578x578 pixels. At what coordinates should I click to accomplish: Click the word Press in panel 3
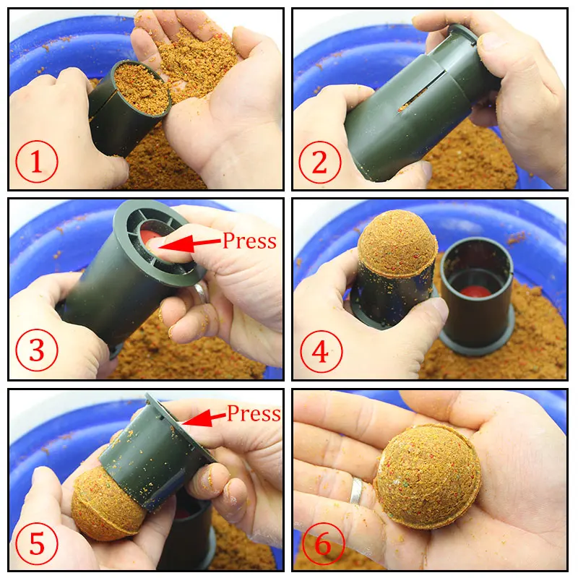pos(249,241)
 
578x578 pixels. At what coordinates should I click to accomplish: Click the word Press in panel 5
pos(254,414)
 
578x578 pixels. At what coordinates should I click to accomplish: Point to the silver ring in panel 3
pos(201,293)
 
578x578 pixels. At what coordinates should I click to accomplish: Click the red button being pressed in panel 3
pos(152,239)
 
